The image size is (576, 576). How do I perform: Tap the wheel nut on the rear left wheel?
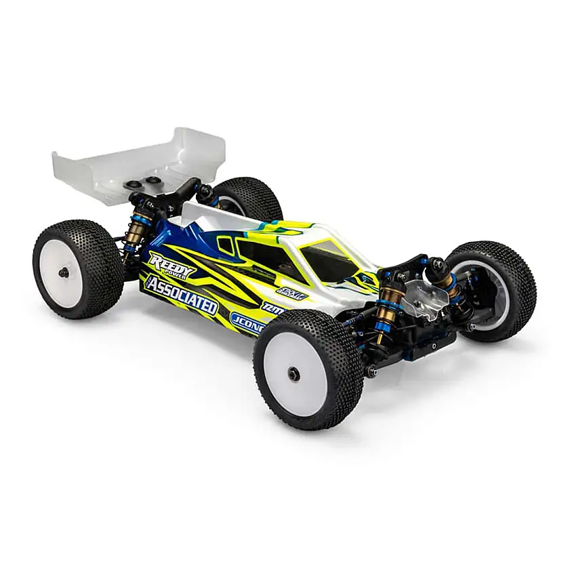64,272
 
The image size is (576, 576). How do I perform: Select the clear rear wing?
139,160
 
